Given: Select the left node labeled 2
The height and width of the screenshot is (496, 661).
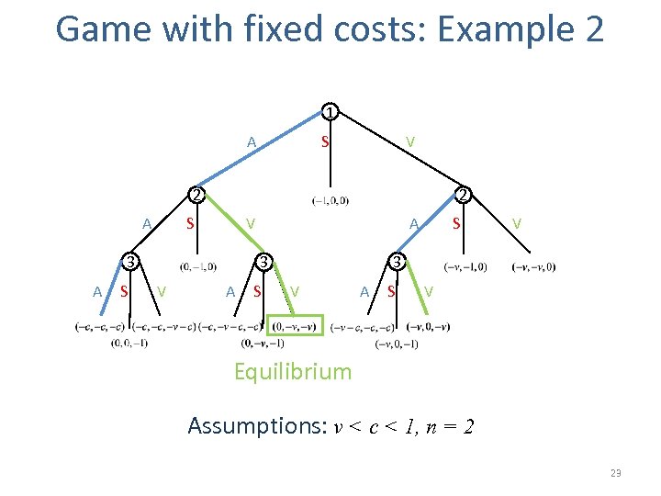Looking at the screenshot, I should (195, 195).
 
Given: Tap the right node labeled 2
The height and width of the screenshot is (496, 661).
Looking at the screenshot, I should (465, 195).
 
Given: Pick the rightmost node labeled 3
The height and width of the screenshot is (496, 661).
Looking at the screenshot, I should (396, 262).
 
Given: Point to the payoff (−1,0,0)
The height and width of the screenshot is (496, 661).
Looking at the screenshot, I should (330, 201).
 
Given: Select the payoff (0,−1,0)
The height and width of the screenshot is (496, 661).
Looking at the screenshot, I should (199, 267).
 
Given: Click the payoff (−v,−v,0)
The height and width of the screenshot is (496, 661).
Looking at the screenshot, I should (533, 267).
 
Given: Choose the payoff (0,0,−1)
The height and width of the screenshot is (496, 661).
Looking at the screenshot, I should (128, 344).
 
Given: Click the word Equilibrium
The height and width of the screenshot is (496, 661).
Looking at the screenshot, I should (293, 372).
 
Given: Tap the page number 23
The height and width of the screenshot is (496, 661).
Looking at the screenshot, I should (615, 472).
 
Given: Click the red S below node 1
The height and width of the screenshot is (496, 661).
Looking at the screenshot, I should (324, 142).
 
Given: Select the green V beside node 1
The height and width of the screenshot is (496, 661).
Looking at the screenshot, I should (411, 142).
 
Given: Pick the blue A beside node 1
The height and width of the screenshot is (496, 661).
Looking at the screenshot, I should (251, 142).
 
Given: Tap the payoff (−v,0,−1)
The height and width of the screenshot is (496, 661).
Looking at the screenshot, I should (397, 344).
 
